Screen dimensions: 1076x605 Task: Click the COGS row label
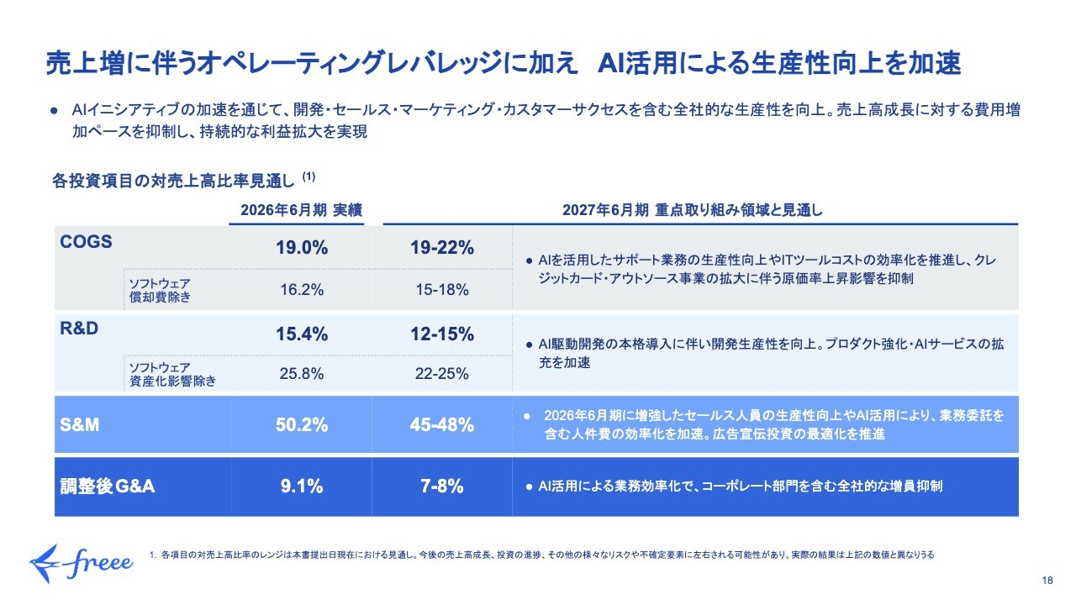coord(86,241)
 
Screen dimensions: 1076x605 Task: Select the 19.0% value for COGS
coord(302,248)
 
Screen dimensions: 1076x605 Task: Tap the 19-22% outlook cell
coord(442,248)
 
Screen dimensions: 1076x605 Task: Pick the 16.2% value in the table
coord(302,290)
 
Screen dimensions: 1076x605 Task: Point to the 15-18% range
coord(442,290)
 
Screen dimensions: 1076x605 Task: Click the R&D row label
coord(79,329)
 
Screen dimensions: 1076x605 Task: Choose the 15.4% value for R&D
coord(302,334)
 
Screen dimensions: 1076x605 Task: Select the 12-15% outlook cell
coord(442,334)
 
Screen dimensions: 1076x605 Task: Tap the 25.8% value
coord(302,374)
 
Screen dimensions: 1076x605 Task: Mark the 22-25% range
coord(442,374)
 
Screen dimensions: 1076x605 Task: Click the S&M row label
coord(80,425)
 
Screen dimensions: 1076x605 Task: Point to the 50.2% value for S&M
coord(302,425)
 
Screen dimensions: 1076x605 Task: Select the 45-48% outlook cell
coord(442,425)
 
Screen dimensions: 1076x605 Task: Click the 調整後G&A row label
coord(108,487)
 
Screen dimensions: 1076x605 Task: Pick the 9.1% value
coord(302,487)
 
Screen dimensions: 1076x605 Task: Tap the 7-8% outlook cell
coord(442,487)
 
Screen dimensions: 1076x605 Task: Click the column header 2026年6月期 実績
coord(301,210)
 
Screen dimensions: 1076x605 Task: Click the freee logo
coord(81,564)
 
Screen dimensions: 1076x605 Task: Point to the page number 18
coord(1047,581)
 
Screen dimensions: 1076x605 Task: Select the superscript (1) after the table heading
coord(309,176)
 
